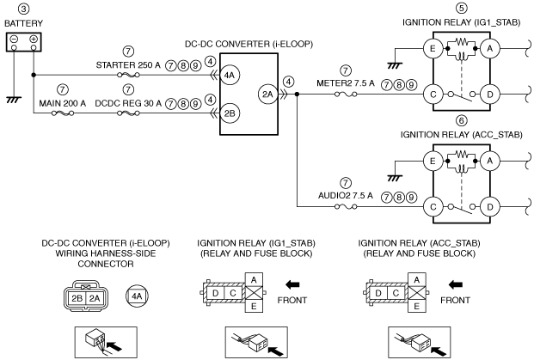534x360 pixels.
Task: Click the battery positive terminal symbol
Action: pos(34,39)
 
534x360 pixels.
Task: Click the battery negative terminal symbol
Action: pos(14,39)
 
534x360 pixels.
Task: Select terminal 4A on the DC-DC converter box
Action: pos(230,75)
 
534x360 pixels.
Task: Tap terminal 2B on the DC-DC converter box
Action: pos(230,113)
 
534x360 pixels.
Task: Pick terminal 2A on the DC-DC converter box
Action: pos(267,95)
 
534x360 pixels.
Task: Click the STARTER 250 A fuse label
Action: pos(128,65)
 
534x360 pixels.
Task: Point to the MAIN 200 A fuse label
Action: pos(62,103)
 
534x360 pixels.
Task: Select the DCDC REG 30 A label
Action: pos(128,103)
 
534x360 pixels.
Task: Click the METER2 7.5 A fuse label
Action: pos(346,83)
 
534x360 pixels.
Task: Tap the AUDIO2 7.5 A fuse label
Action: pos(346,196)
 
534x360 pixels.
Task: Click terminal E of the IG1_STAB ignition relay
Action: pos(433,49)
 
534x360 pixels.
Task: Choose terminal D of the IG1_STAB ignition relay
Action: pos(490,95)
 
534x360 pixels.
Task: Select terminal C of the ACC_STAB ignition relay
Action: pos(433,207)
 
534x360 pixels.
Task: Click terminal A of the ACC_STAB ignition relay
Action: pos(490,161)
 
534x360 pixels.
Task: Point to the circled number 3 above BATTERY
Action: pos(23,9)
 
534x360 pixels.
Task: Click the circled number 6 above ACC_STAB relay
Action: pos(462,121)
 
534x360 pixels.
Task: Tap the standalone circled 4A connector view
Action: pos(137,296)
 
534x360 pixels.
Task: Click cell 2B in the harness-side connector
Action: pos(77,298)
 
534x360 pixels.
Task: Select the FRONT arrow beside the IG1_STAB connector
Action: pos(292,284)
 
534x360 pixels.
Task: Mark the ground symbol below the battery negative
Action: pos(14,100)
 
